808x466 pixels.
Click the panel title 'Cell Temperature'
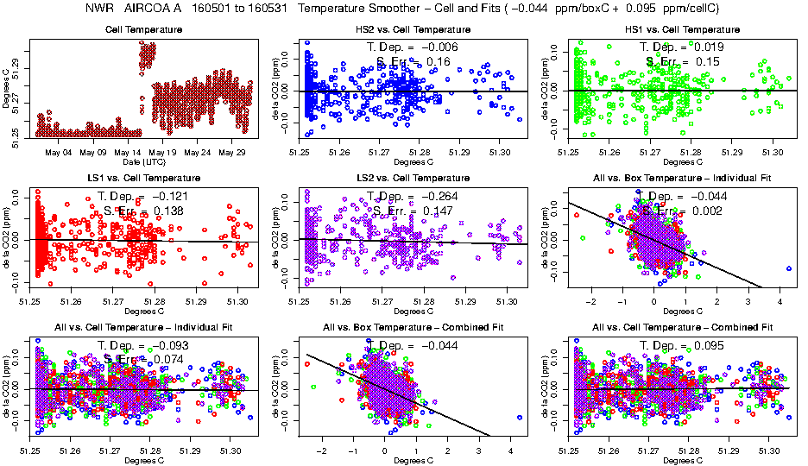tap(143, 29)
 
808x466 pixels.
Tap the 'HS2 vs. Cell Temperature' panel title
tap(413, 29)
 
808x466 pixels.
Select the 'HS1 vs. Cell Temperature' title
tap(682, 29)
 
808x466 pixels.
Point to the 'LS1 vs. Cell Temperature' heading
tap(143, 178)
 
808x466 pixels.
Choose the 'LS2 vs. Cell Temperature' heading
tap(413, 178)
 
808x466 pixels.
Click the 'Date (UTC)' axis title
tap(143, 161)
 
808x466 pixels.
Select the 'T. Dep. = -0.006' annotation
tap(413, 46)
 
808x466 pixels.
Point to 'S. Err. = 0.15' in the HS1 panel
tap(682, 61)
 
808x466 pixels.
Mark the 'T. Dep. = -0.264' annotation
tap(413, 195)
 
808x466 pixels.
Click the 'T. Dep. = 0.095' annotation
tap(682, 344)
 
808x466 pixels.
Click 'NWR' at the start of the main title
tap(101, 9)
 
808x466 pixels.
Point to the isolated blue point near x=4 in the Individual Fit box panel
tap(789, 268)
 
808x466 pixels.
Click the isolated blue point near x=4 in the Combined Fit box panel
tap(520, 417)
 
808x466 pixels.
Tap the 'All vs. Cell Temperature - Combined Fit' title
tap(682, 327)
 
